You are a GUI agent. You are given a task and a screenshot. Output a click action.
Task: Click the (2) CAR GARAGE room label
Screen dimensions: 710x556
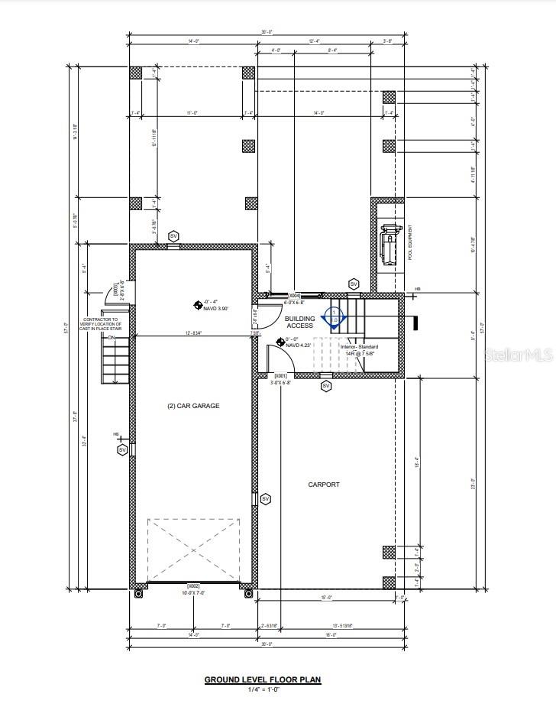pyautogui.click(x=193, y=406)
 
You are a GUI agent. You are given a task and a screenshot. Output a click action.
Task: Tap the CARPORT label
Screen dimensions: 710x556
pyautogui.click(x=324, y=485)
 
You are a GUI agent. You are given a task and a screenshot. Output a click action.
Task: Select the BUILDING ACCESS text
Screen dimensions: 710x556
pyautogui.click(x=300, y=322)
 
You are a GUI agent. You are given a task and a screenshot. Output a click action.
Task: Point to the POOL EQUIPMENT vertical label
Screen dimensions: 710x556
pyautogui.click(x=410, y=242)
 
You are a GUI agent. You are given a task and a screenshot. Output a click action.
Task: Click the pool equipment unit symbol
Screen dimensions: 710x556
pyautogui.click(x=390, y=243)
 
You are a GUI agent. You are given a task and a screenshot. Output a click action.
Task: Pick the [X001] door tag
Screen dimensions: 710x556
pyautogui.click(x=280, y=376)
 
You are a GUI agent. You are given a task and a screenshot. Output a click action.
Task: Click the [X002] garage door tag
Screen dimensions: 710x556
pyautogui.click(x=193, y=585)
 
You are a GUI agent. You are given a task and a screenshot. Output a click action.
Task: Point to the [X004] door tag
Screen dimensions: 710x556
pyautogui.click(x=294, y=295)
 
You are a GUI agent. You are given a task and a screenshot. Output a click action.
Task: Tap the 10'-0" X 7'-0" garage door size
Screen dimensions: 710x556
pyautogui.click(x=193, y=593)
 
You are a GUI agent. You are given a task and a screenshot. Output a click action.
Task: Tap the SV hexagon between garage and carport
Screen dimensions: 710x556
pyautogui.click(x=266, y=499)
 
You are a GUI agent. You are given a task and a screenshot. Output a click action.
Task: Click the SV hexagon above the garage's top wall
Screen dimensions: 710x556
pyautogui.click(x=173, y=235)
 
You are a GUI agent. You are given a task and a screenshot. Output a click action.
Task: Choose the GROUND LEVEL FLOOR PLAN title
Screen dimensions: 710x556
pyautogui.click(x=263, y=679)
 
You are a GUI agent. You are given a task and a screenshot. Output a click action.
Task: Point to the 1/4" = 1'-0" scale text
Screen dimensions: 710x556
pyautogui.click(x=263, y=690)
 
